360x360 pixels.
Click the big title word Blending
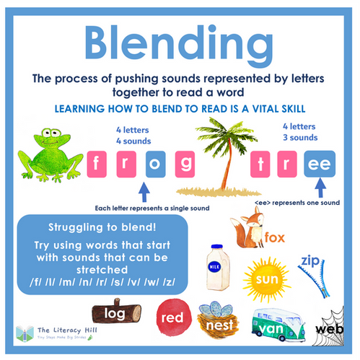tap(180, 45)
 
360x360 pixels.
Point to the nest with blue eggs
tap(218, 318)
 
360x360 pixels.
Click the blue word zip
tap(311, 260)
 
